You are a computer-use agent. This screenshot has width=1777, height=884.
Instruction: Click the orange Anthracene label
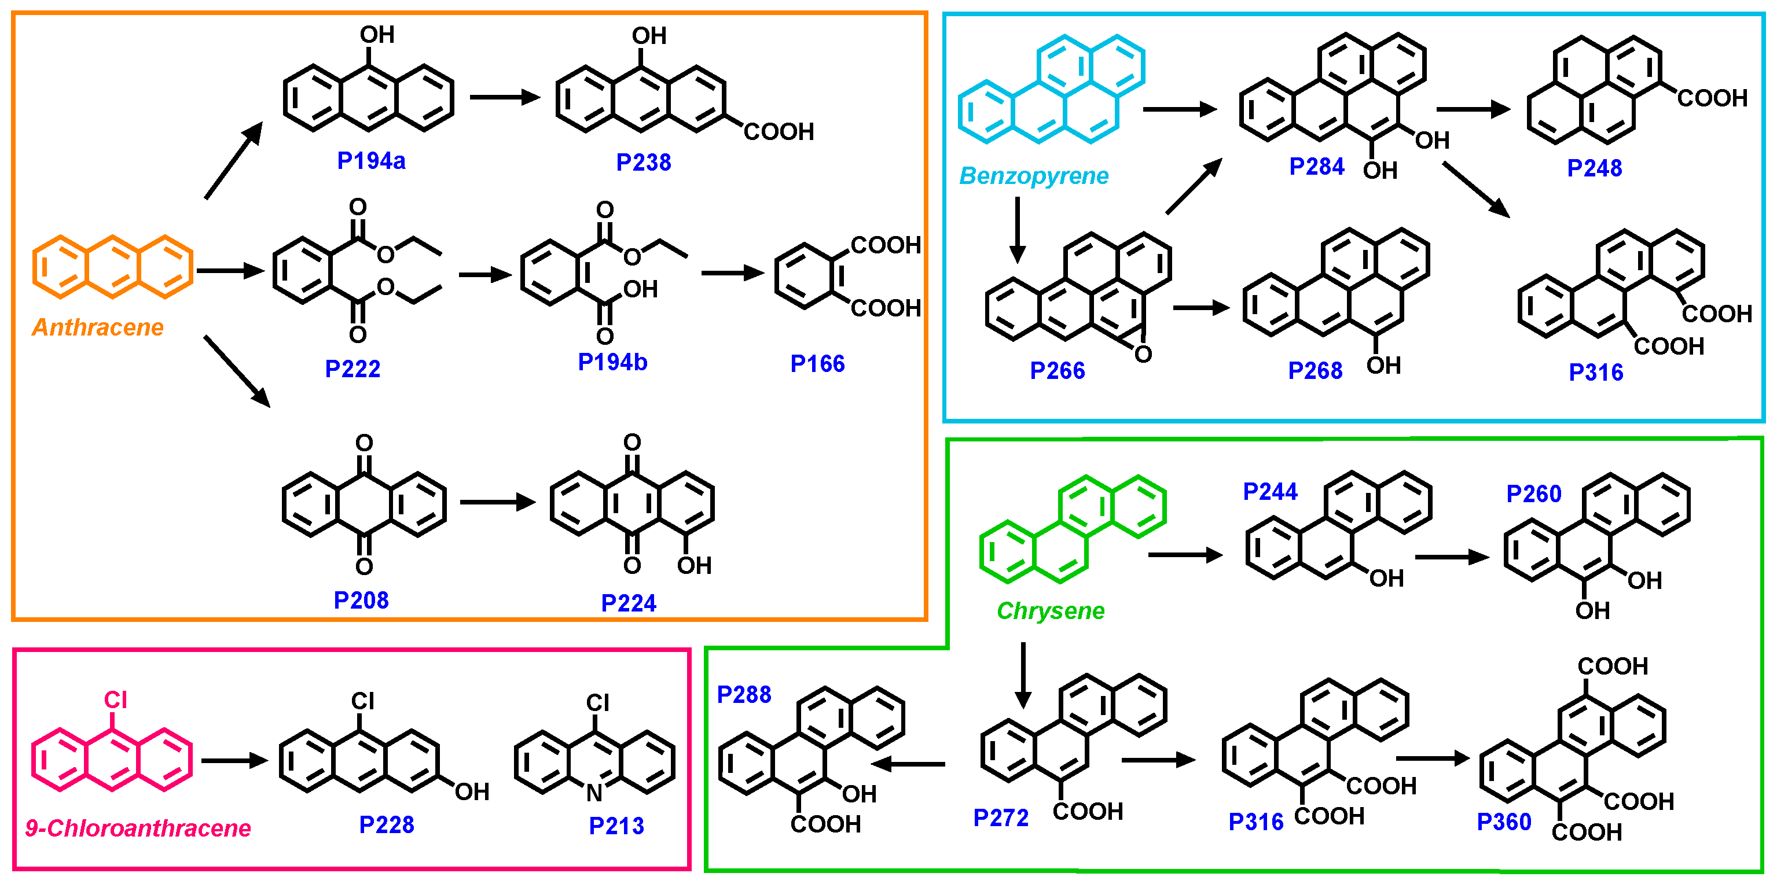[x=98, y=327]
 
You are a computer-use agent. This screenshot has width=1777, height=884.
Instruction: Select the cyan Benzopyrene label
[x=1033, y=176]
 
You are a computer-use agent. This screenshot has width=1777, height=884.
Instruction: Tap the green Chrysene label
[x=1050, y=610]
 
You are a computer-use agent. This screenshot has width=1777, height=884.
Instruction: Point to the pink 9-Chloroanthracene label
[x=138, y=827]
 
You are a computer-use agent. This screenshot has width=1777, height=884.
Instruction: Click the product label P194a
[x=371, y=161]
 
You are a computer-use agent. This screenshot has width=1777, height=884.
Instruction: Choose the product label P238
[x=643, y=162]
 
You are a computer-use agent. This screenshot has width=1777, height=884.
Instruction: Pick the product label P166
[x=817, y=363]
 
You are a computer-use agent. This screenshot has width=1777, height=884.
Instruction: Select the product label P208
[x=361, y=600]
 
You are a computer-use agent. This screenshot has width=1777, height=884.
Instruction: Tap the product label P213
[x=616, y=826]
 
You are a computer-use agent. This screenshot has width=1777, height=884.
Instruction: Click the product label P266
[x=1057, y=371]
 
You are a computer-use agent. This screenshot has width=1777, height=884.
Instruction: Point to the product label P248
[x=1594, y=168]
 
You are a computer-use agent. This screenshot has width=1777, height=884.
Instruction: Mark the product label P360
[x=1504, y=822]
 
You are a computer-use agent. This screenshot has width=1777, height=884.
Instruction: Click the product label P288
[x=744, y=694]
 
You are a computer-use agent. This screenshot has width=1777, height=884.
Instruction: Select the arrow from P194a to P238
[x=504, y=97]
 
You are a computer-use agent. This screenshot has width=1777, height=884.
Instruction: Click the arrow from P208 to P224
[x=497, y=502]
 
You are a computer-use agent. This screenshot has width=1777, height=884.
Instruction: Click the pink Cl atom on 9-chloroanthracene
[x=115, y=700]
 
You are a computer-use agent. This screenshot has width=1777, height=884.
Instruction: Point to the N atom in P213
[x=594, y=793]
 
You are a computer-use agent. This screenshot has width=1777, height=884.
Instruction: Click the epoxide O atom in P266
[x=1143, y=355]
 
